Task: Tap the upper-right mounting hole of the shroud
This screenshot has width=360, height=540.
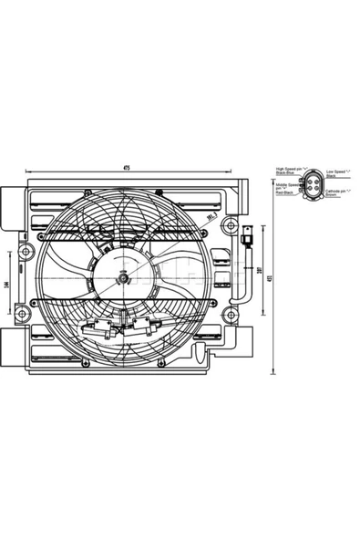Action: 233,225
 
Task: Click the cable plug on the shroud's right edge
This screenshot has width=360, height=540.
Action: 247,240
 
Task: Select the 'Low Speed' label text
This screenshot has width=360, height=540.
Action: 335,170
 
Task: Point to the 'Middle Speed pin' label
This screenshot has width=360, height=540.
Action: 286,185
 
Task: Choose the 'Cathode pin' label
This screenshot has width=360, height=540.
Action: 337,191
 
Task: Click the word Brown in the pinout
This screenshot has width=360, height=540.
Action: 331,195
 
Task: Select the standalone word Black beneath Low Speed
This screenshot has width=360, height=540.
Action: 331,174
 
